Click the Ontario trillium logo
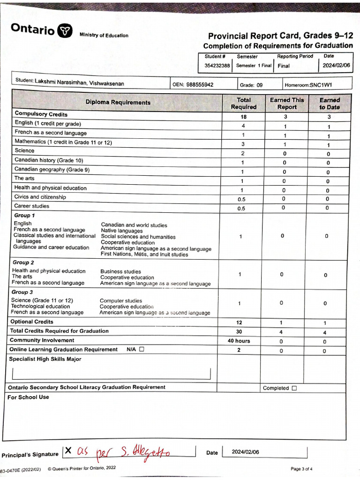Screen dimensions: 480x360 pos(65,31)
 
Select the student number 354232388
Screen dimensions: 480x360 pos(217,66)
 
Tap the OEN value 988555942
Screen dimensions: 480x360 pos(200,85)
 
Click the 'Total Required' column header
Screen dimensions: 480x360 pos(243,103)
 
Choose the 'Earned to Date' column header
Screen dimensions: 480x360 pos(330,103)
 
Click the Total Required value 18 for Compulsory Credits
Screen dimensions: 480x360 pos(243,117)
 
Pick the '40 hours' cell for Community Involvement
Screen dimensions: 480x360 pos(239,341)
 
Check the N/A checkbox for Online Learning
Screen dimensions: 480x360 pos(142,349)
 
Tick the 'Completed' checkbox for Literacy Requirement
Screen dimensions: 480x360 pos(294,388)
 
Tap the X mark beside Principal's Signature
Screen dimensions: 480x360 pos(68,450)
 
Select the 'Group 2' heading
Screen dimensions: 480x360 pos(23,262)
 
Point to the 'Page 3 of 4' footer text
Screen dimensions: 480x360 pos(302,469)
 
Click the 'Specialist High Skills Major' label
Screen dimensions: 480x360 pos(45,359)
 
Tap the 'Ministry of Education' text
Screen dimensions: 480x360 pos(104,35)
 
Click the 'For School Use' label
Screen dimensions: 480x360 pos(28,397)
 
